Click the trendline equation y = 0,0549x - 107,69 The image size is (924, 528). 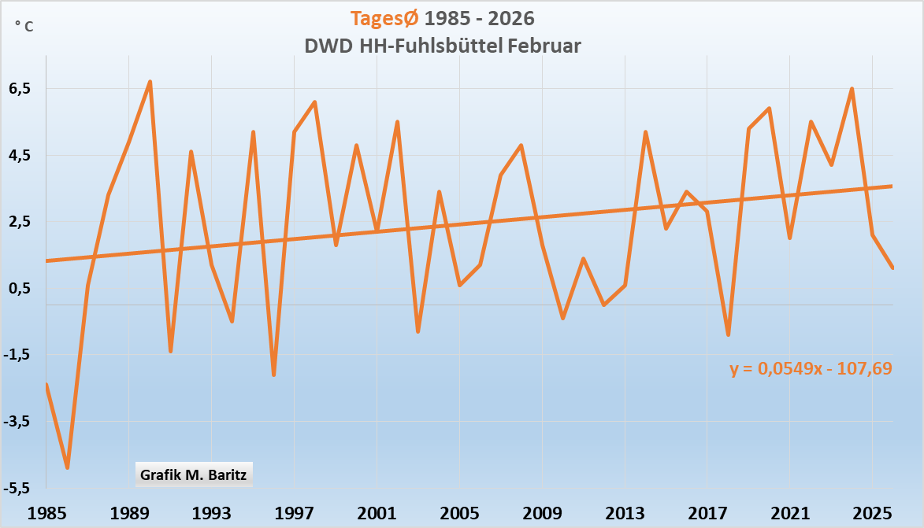(811, 367)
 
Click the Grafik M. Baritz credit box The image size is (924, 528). (194, 474)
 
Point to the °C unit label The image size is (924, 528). (24, 26)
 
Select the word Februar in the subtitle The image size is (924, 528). (544, 46)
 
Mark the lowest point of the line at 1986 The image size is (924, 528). (68, 468)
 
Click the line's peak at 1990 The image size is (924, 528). (150, 81)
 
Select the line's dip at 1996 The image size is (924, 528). (273, 375)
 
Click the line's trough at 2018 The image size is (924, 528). (729, 335)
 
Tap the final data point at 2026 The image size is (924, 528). (892, 268)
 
